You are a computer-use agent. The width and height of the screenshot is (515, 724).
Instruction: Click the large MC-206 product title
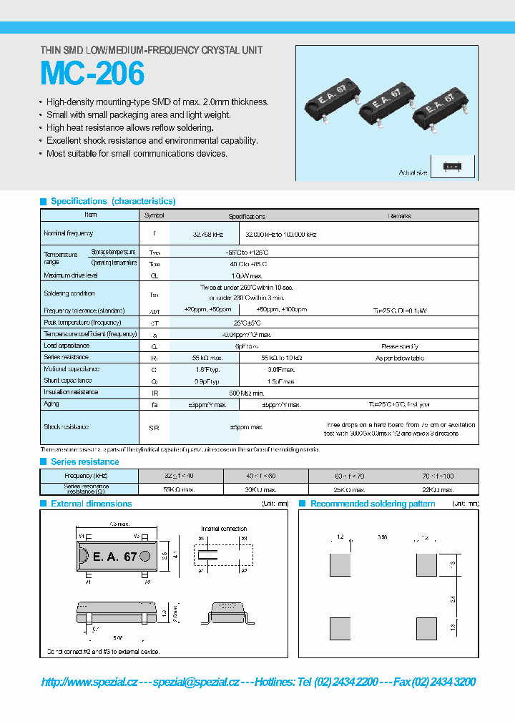(92, 74)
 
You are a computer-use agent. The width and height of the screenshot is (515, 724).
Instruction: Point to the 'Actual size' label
(413, 172)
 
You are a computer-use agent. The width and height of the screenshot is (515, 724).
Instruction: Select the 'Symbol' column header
(154, 215)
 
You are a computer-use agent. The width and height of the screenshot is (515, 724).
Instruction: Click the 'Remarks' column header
(399, 215)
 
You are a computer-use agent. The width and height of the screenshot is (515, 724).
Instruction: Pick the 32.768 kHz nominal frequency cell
(207, 234)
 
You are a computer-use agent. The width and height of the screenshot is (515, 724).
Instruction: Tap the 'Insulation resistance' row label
(71, 392)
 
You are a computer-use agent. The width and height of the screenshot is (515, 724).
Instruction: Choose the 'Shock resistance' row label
(67, 427)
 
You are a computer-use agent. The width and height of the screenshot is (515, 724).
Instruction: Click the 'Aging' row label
(51, 404)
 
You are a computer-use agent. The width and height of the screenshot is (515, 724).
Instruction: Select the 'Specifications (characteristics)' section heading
(112, 202)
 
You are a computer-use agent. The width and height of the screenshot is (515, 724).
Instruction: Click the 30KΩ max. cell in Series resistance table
(265, 489)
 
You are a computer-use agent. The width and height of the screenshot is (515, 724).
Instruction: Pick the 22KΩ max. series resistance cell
(436, 489)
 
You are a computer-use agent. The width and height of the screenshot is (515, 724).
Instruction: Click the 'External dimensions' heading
(91, 504)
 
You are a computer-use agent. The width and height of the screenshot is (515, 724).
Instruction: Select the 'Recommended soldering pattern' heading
(373, 504)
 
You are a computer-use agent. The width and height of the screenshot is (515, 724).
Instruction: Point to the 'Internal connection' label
(224, 529)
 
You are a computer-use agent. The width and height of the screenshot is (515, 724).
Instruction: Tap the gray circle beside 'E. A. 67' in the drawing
(145, 556)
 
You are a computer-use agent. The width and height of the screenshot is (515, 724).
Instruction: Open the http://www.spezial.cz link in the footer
(89, 682)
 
